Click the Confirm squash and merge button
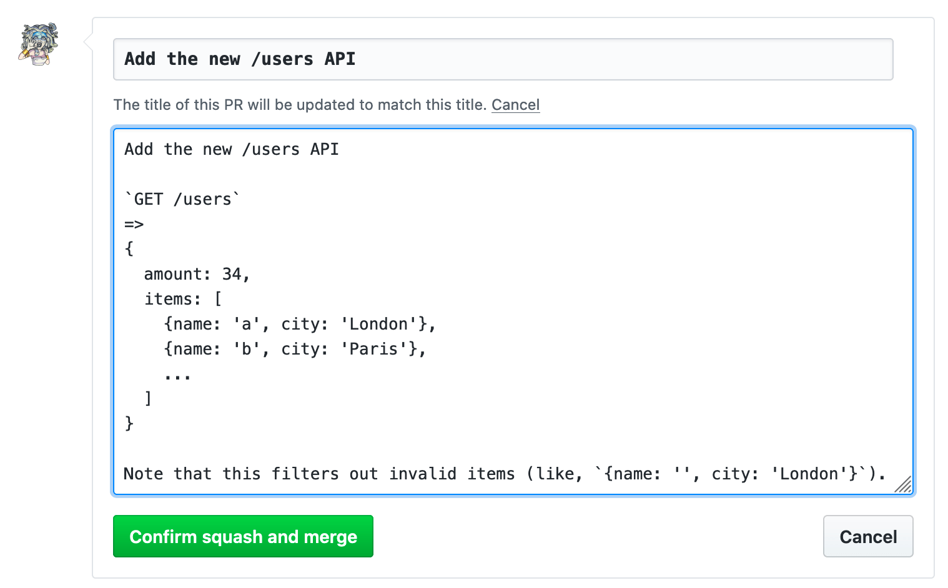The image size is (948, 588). (243, 536)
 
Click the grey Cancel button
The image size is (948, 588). (867, 536)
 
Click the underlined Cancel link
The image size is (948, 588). (515, 105)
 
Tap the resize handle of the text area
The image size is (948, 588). (903, 484)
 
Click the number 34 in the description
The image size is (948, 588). (232, 274)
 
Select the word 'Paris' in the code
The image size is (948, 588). (373, 349)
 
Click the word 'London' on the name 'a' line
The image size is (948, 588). (378, 324)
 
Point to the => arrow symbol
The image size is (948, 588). (134, 224)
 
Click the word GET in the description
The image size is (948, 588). (149, 199)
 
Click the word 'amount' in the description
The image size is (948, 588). (173, 274)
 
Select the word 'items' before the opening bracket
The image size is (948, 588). (168, 299)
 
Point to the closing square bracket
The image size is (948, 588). (148, 398)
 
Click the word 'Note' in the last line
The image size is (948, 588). (143, 474)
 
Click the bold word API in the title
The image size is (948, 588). (340, 59)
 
